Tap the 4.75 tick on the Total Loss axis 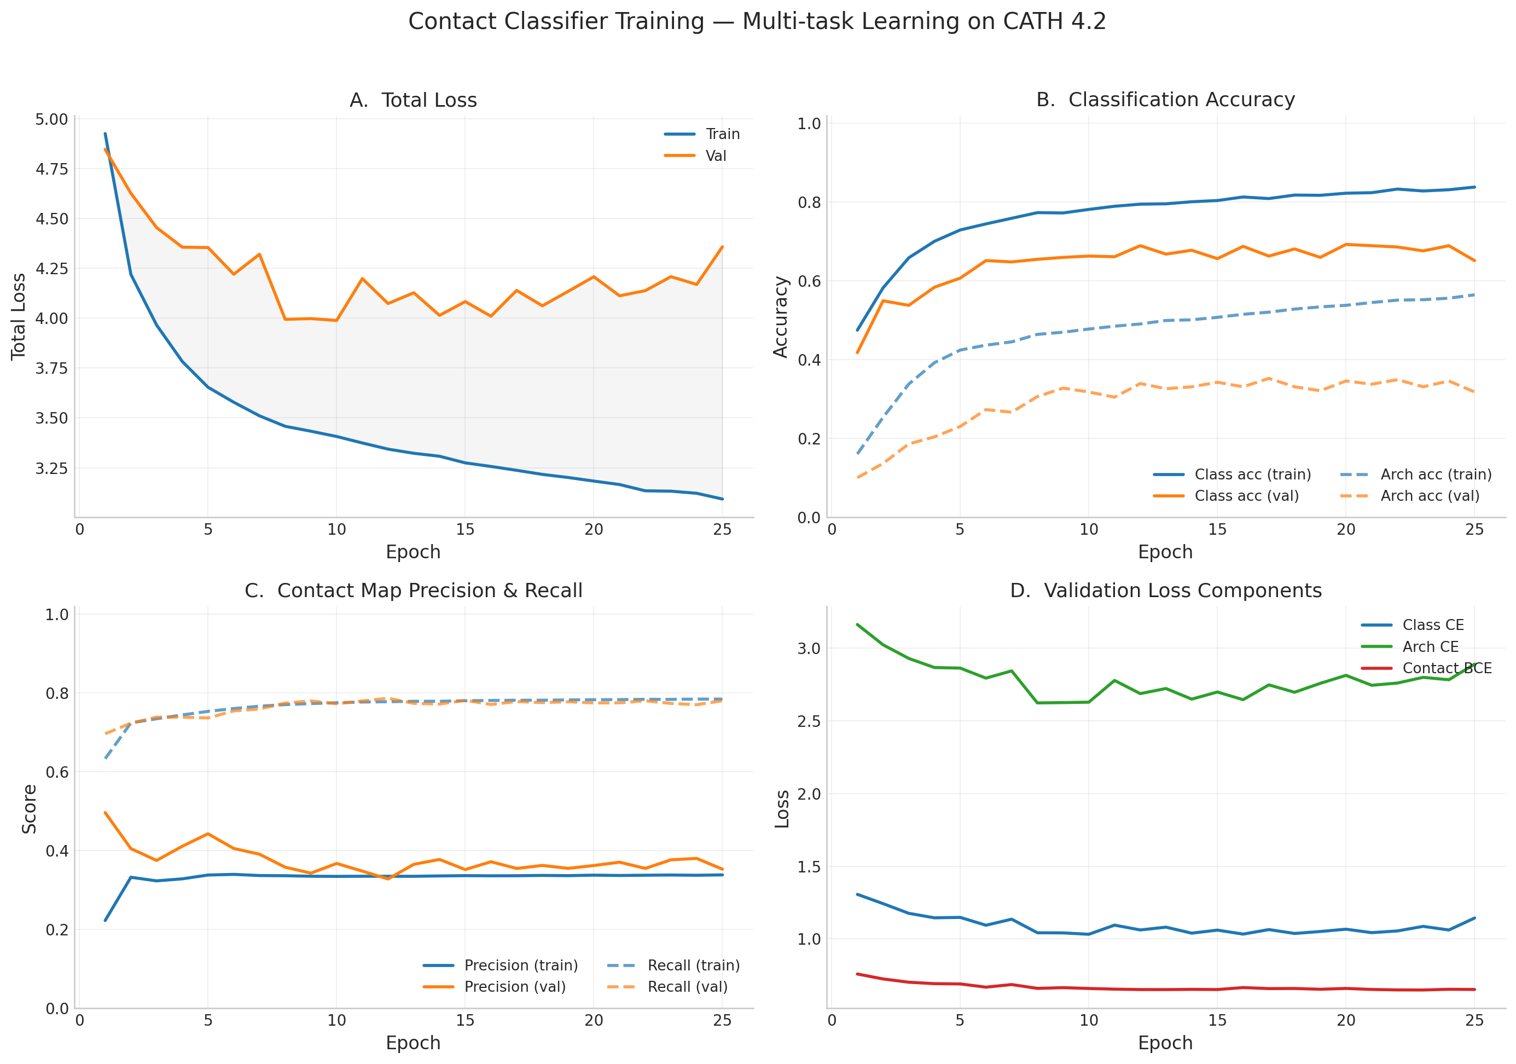pyautogui.click(x=51, y=169)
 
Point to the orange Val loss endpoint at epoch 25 pyautogui.click(x=722, y=247)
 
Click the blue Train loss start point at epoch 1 pyautogui.click(x=105, y=134)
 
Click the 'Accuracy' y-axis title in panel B pyautogui.click(x=781, y=317)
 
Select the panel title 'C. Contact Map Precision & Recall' pyautogui.click(x=414, y=591)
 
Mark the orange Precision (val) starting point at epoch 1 pyautogui.click(x=105, y=812)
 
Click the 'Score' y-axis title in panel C pyautogui.click(x=29, y=808)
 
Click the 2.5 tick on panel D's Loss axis pyautogui.click(x=809, y=721)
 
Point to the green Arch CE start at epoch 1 pyautogui.click(x=857, y=624)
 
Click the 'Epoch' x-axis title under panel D pyautogui.click(x=1165, y=1043)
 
